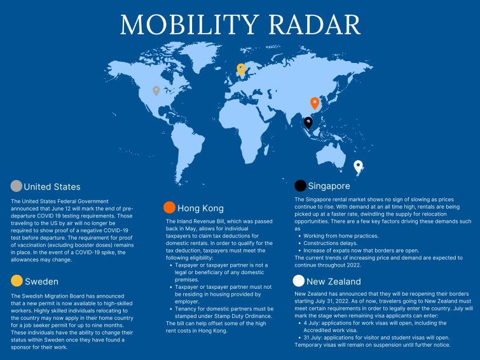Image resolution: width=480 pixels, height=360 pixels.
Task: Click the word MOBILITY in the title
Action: (189, 25)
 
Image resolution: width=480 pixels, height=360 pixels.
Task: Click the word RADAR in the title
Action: (315, 25)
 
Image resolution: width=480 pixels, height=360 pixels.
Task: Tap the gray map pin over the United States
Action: (156, 91)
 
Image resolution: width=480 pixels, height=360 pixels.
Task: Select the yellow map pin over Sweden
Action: (241, 69)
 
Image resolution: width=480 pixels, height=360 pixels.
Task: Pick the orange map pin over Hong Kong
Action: (315, 103)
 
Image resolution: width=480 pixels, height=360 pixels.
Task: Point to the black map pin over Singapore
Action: (308, 123)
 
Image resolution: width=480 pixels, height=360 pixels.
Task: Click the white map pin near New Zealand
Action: (358, 167)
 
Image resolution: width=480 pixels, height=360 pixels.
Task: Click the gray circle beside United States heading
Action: (17, 186)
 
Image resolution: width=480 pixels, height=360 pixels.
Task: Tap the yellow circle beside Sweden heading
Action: (17, 280)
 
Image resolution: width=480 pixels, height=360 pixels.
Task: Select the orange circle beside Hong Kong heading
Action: (169, 207)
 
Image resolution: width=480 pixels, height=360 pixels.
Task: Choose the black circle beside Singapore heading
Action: (300, 186)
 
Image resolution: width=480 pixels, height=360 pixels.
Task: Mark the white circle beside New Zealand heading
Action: (298, 280)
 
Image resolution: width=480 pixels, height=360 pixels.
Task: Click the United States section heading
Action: (52, 187)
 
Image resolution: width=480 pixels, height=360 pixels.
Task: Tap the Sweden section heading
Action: (41, 282)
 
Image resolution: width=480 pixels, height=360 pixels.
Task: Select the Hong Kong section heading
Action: (200, 209)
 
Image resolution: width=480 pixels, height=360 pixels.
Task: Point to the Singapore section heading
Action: (329, 186)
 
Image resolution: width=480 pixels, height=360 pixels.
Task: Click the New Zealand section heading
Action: (334, 282)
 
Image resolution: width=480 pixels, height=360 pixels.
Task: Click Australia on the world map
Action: (331, 155)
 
